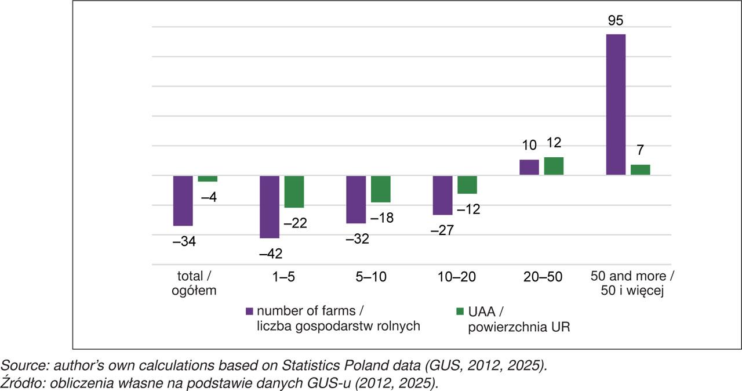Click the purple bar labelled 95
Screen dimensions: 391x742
(616, 104)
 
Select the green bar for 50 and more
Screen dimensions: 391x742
(641, 169)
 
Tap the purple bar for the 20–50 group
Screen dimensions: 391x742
(529, 167)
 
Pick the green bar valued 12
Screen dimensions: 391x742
(554, 166)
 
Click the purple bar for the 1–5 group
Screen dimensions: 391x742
(270, 207)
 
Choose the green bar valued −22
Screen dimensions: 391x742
(294, 191)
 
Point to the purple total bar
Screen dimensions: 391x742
(183, 200)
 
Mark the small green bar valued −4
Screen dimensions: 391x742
(208, 179)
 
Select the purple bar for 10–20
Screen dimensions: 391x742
(443, 195)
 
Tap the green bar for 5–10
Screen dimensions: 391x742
(381, 189)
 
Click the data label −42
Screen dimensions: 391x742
(271, 254)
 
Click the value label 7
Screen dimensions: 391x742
(641, 150)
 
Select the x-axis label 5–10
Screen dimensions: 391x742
(370, 277)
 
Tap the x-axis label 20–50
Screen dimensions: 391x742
(544, 277)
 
